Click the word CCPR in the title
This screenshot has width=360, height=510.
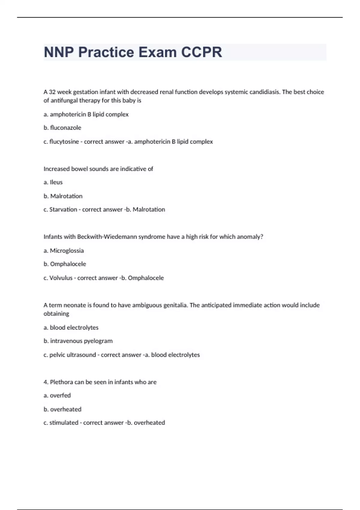[201, 52]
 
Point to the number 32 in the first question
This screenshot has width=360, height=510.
[52, 92]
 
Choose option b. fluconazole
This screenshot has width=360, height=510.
[62, 128]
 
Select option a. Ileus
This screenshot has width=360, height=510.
[53, 182]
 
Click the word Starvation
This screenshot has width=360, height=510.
[63, 209]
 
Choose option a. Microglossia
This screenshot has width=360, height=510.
[64, 250]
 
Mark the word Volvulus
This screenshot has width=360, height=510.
[61, 278]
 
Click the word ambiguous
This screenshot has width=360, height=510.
[147, 305]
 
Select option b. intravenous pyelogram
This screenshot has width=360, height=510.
[78, 341]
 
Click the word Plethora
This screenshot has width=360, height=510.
[61, 382]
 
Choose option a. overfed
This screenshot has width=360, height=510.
[57, 395]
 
